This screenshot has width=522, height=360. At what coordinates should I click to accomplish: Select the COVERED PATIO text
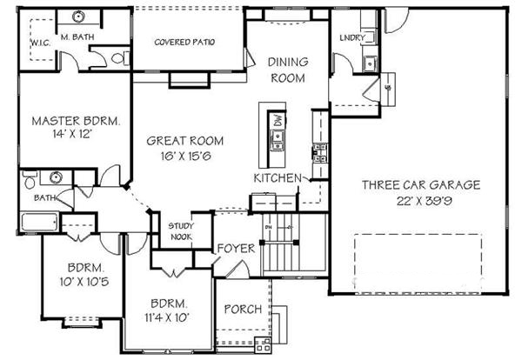(184, 42)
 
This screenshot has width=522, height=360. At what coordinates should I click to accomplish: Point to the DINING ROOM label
(285, 70)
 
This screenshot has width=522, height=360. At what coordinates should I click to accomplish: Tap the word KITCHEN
(277, 177)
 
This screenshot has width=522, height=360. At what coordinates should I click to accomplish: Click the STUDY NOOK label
(180, 230)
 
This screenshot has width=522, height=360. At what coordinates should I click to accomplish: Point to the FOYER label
(236, 249)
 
